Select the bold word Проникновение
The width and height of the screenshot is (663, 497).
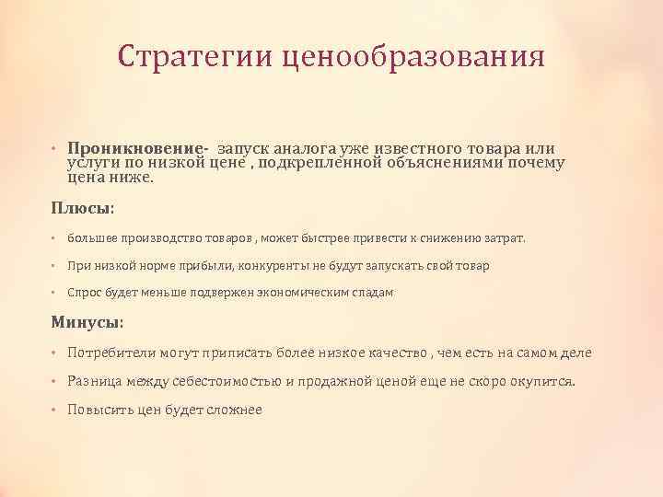pos(138,150)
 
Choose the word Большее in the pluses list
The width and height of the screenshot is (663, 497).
pos(91,238)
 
